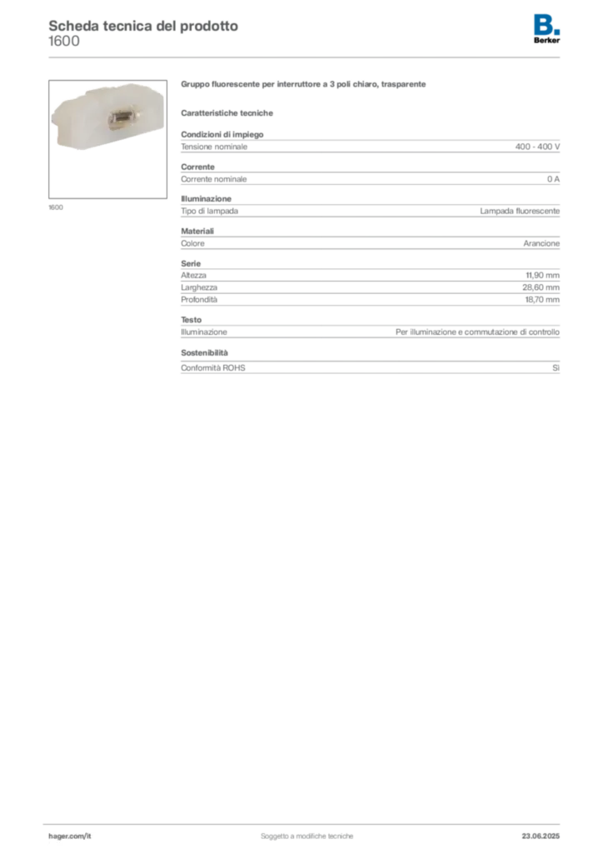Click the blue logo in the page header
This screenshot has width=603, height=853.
click(547, 23)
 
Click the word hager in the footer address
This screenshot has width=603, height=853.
click(60, 836)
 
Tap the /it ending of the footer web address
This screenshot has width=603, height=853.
click(85, 836)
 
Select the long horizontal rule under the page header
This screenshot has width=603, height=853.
click(306, 57)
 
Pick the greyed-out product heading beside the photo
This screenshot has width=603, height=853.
click(306, 86)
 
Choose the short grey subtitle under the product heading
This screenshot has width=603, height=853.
click(230, 112)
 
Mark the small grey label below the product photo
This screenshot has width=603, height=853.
click(57, 207)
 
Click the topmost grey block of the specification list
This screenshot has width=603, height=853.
click(370, 146)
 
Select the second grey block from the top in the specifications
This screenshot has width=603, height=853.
click(370, 176)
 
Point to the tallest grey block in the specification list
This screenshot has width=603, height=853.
click(370, 291)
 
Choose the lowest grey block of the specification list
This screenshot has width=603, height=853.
click(370, 367)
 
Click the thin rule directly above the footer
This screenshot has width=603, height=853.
click(306, 822)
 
